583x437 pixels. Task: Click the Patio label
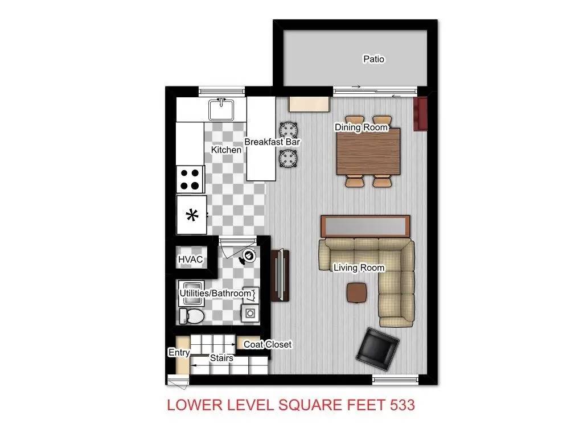[x=373, y=59]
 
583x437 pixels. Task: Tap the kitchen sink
[x=221, y=109]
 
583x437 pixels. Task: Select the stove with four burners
[x=190, y=179]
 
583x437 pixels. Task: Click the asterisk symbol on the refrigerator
[x=192, y=215]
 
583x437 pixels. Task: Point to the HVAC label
[x=190, y=259]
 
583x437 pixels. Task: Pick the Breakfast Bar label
[x=272, y=142]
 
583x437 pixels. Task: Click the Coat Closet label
[x=268, y=344]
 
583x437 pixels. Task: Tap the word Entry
[x=178, y=353]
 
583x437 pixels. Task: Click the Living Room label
[x=359, y=267]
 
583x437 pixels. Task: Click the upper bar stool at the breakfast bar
[x=288, y=130]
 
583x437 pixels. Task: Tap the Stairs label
[x=221, y=358]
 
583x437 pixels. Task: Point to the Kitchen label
[x=226, y=150]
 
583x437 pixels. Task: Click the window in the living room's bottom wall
[x=396, y=378]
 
